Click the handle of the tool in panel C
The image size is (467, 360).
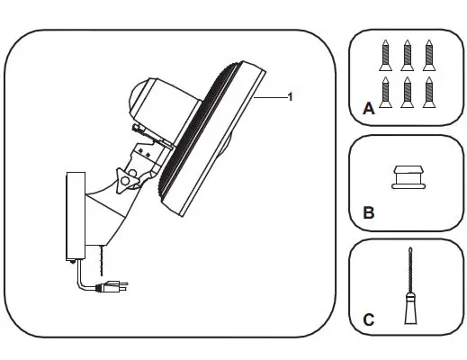pos(407,310)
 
